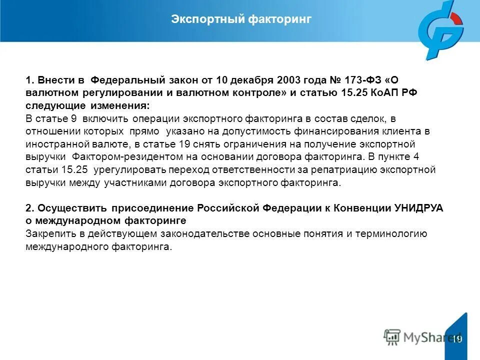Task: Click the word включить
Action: point(106,118)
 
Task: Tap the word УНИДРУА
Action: point(419,208)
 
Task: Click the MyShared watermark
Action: point(422,336)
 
